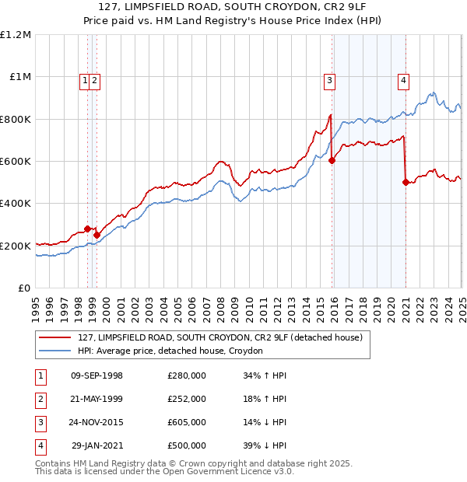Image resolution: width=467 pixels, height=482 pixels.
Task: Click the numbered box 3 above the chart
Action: [x=330, y=79]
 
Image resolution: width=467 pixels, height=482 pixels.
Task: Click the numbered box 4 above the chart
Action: [x=404, y=79]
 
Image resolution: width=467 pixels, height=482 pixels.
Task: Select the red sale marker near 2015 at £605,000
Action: [x=332, y=161]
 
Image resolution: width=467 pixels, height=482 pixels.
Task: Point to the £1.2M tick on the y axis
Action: [x=16, y=35]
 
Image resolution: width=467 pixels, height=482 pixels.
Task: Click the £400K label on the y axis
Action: [x=16, y=204]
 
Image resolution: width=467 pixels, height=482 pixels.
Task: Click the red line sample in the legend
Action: [x=55, y=338]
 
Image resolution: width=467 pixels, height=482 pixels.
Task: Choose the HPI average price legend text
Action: [x=170, y=351]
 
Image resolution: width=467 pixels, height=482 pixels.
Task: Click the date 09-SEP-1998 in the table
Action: [x=97, y=375]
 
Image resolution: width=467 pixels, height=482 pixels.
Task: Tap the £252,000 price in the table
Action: [x=187, y=399]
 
